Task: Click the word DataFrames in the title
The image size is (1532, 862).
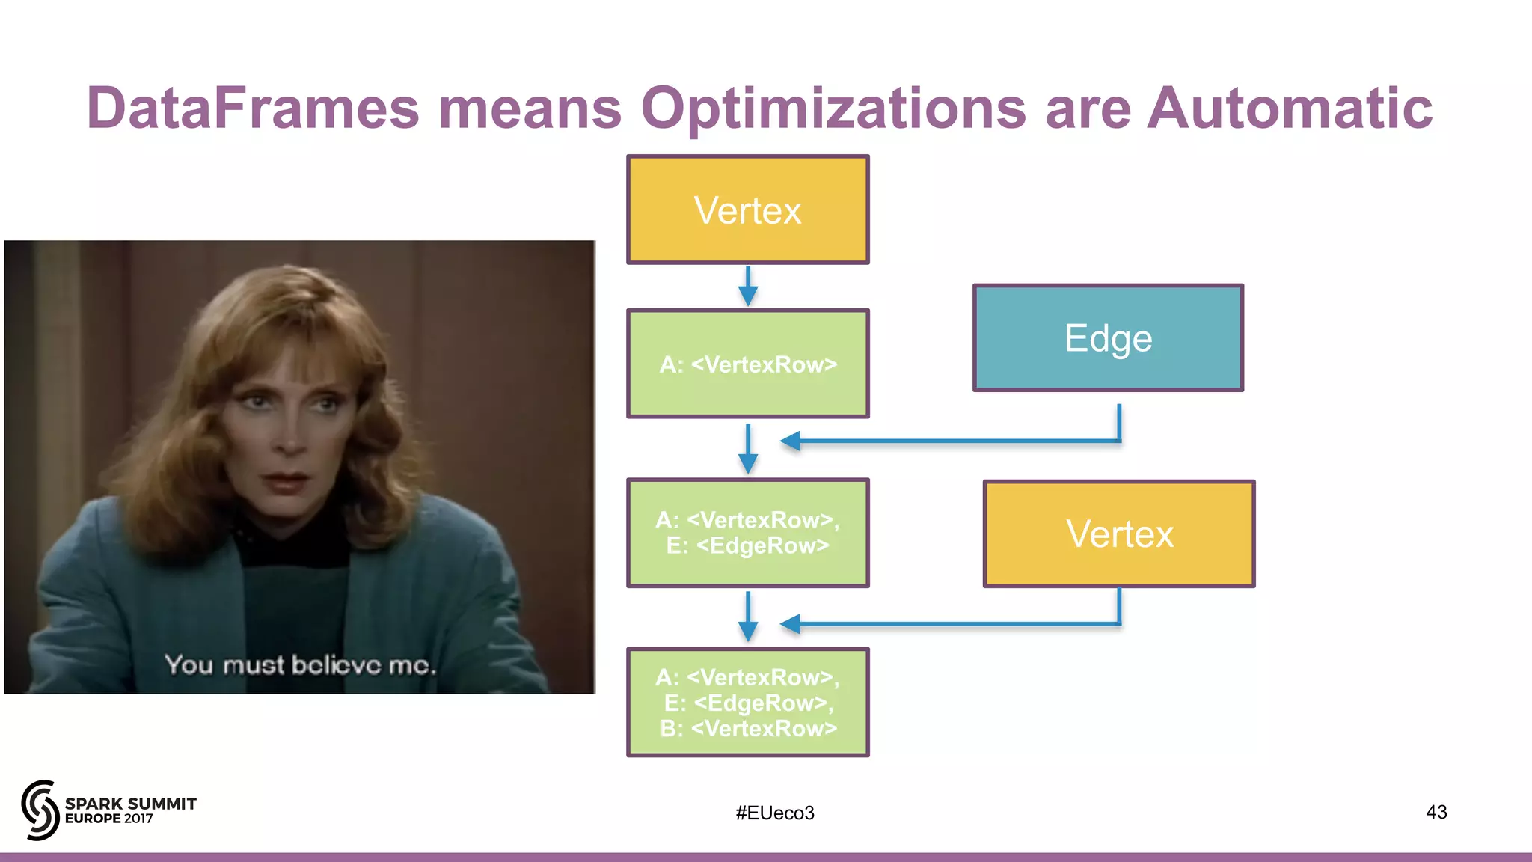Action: coord(253,108)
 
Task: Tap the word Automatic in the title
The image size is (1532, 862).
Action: coord(1290,108)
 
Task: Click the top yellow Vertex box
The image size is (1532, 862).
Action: coord(747,210)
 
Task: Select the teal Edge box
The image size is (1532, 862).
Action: coord(1108,338)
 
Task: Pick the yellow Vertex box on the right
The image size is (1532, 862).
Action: coord(1119,534)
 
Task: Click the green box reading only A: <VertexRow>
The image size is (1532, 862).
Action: coord(747,364)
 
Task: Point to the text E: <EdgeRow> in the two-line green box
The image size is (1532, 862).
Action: coord(747,546)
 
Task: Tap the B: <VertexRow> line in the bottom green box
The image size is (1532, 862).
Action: coord(747,728)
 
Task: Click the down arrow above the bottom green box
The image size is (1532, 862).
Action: coord(747,617)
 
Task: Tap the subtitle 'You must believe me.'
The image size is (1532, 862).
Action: coord(299,664)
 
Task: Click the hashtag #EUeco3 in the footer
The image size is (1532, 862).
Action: coord(774,813)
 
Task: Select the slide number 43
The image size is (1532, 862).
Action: coord(1436,812)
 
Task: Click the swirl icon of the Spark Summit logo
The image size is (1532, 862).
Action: coord(40,810)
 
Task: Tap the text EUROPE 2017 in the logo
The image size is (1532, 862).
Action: coord(109,819)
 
